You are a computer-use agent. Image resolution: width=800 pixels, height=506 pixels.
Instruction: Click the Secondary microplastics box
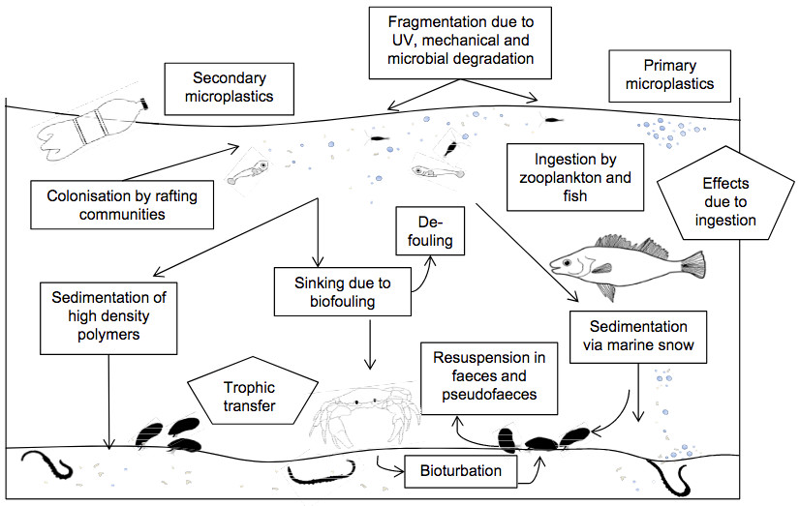click(232, 86)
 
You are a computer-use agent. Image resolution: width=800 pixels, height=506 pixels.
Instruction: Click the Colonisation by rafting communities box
click(122, 204)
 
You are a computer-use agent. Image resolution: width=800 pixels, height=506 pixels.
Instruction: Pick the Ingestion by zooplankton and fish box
click(575, 177)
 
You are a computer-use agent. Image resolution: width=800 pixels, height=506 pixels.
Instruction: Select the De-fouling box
click(425, 231)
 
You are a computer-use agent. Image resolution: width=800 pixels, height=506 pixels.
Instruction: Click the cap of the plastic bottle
click(144, 102)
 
